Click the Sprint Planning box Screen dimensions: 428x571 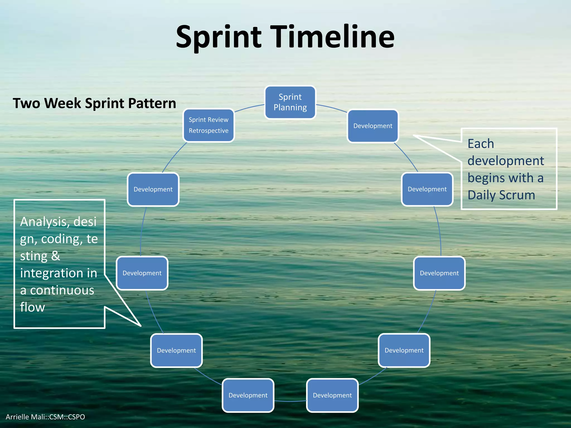pyautogui.click(x=290, y=102)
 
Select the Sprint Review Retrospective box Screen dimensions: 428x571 pyautogui.click(x=209, y=125)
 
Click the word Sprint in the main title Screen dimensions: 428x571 pyautogui.click(x=219, y=37)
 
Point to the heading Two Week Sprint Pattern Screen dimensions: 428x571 pyautogui.click(x=94, y=103)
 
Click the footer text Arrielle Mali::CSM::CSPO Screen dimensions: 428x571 pyautogui.click(x=45, y=417)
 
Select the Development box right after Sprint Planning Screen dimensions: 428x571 pyautogui.click(x=373, y=126)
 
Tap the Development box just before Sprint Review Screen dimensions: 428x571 pyautogui.click(x=153, y=189)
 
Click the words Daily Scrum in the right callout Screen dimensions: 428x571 pyautogui.click(x=501, y=195)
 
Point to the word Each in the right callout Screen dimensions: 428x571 pyautogui.click(x=481, y=144)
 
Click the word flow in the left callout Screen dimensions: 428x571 pyautogui.click(x=32, y=307)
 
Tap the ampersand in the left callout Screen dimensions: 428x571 pyautogui.click(x=55, y=256)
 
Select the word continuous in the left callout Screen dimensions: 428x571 pyautogui.click(x=62, y=290)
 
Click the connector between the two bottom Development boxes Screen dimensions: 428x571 pyautogui.click(x=290, y=401)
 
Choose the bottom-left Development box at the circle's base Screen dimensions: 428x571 pyautogui.click(x=248, y=395)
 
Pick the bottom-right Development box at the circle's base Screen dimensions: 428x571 pyautogui.click(x=332, y=395)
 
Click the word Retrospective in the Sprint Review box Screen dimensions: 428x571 pyautogui.click(x=209, y=131)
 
